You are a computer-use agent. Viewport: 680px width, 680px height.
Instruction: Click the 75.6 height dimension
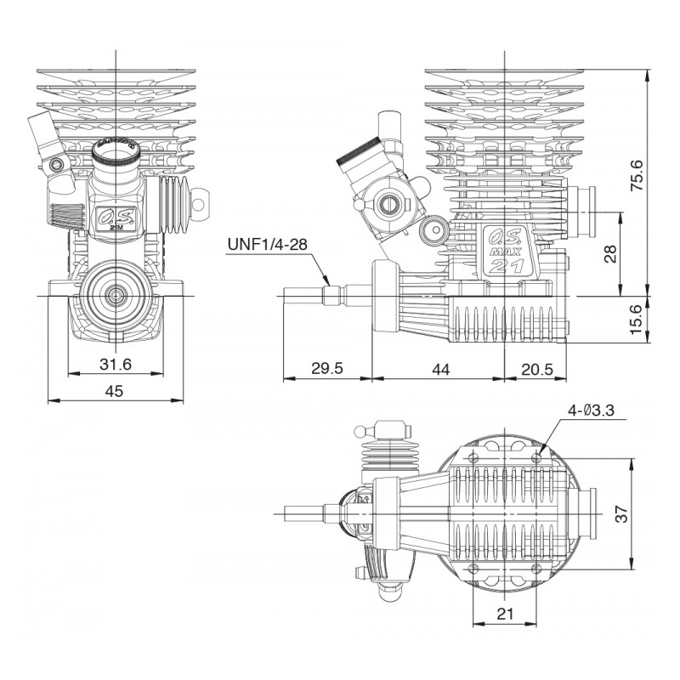(636, 176)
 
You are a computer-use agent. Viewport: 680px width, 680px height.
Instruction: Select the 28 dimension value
(609, 253)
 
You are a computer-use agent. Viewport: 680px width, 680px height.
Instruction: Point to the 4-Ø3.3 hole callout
(592, 411)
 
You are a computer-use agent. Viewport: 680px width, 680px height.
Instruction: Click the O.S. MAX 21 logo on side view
(508, 252)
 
